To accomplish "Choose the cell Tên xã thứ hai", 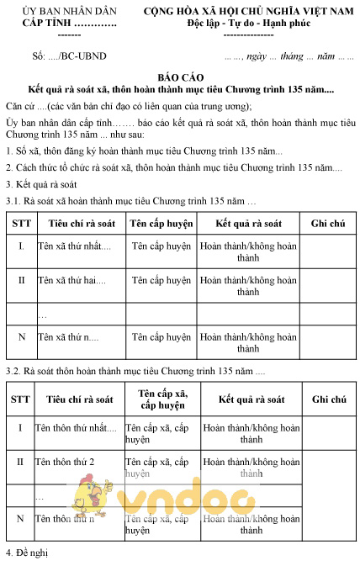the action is pos(71,280).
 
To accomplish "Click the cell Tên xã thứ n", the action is pos(68,337).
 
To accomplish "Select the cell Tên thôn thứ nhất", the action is pos(76,428).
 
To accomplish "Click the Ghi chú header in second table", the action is pos(328,399).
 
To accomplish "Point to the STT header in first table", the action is pos(20,224).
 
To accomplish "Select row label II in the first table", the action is pos(21,280).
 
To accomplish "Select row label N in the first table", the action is pos(21,337).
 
